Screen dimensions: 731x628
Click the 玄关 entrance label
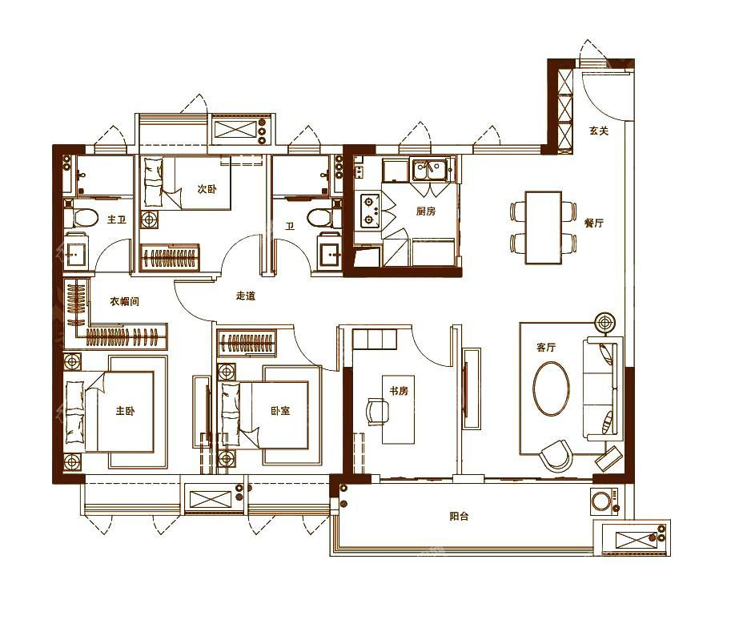tap(599, 131)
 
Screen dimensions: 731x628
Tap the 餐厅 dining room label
tap(594, 223)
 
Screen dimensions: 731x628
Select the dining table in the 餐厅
tap(543, 227)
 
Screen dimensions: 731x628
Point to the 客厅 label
tap(546, 348)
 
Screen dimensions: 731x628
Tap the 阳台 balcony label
tap(459, 517)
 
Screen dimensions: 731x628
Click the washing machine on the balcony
tap(604, 501)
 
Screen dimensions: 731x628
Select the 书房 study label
tap(399, 391)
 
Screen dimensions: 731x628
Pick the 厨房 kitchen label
tap(426, 211)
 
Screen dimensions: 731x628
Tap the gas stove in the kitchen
tap(369, 211)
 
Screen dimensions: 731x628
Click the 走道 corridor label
tap(246, 296)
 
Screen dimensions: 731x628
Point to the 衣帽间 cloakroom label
tap(124, 301)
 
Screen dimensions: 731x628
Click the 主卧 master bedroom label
tap(126, 411)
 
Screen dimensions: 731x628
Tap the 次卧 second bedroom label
tap(207, 189)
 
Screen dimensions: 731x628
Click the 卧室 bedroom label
tap(280, 411)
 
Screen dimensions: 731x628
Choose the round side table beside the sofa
tap(605, 323)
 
